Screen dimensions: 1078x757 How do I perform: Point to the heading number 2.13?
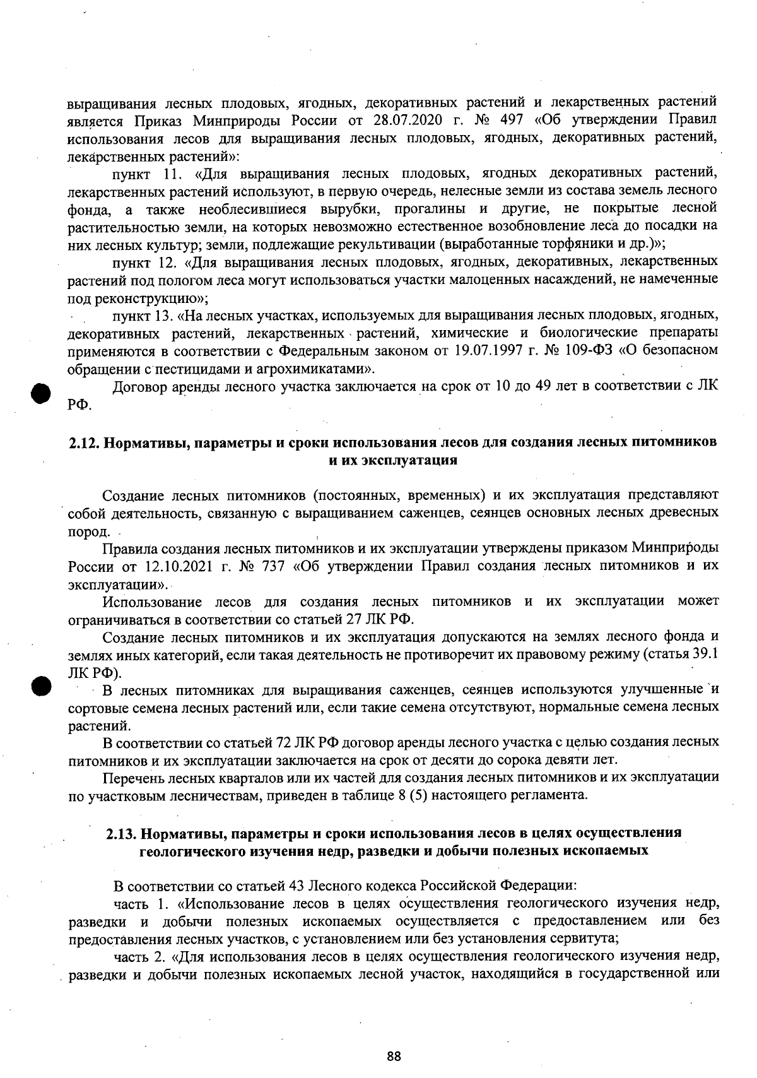121,832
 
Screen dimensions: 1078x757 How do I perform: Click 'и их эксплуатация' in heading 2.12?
394,460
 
